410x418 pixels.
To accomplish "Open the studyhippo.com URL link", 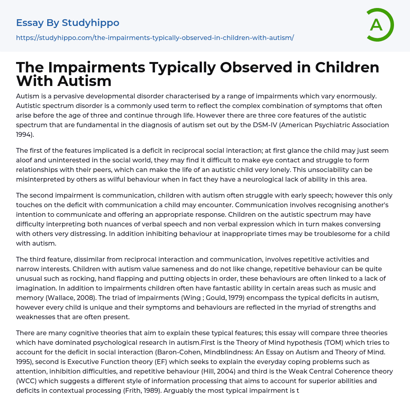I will pyautogui.click(x=155, y=38).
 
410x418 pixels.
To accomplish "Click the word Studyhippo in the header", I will pyautogui.click(x=90, y=23).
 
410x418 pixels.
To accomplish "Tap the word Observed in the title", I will pyautogui.click(x=248, y=68).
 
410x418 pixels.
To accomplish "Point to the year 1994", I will pyautogui.click(x=24, y=134).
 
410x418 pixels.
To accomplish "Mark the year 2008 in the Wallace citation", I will pyautogui.click(x=73, y=298).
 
